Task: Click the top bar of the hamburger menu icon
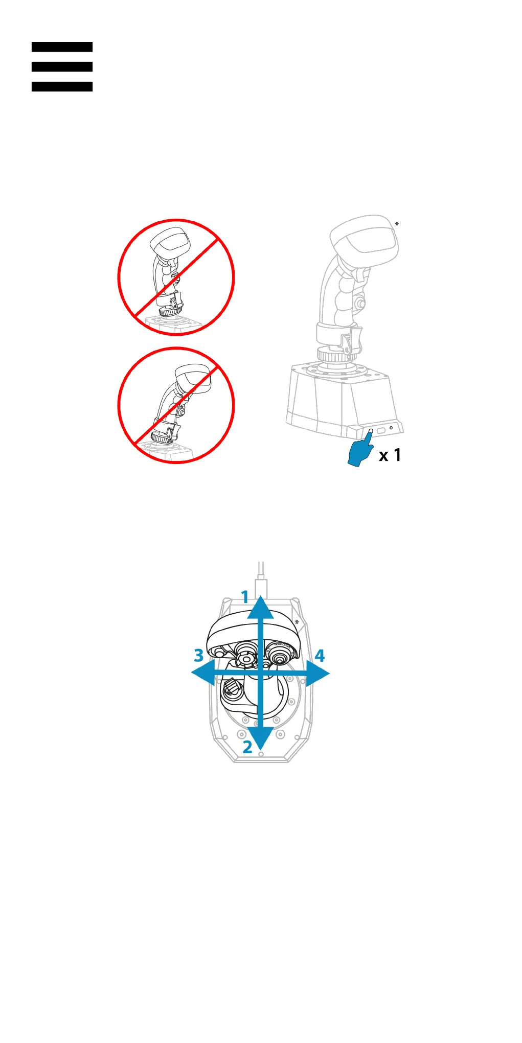tap(62, 47)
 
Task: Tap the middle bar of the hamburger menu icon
tap(62, 67)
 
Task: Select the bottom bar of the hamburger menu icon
tap(62, 87)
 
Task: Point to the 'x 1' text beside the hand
tap(390, 455)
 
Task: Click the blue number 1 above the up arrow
tap(245, 597)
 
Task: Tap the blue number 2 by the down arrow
tap(247, 747)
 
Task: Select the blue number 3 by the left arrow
tap(199, 656)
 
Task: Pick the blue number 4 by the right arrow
tap(320, 656)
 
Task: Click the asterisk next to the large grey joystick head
tap(397, 224)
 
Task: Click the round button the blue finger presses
tap(371, 431)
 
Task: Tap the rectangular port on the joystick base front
tap(381, 430)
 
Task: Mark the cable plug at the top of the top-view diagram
tap(261, 583)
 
